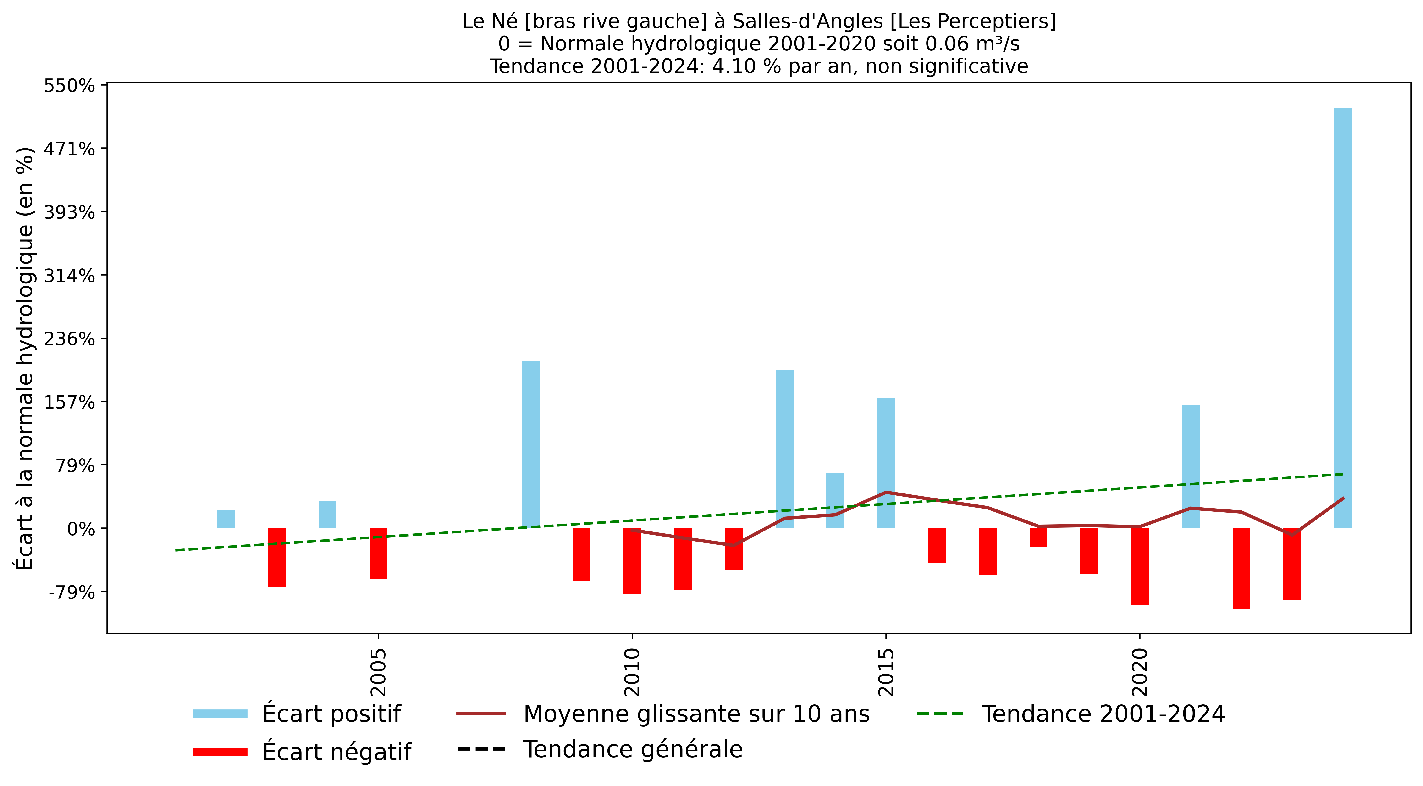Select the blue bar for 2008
pyautogui.click(x=530, y=445)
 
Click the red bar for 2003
pyautogui.click(x=277, y=557)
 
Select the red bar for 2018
pyautogui.click(x=1038, y=537)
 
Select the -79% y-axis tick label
pyautogui.click(x=72, y=592)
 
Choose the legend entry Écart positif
pyautogui.click(x=331, y=714)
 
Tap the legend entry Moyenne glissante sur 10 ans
pyautogui.click(x=696, y=714)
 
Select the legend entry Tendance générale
pyautogui.click(x=633, y=750)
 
